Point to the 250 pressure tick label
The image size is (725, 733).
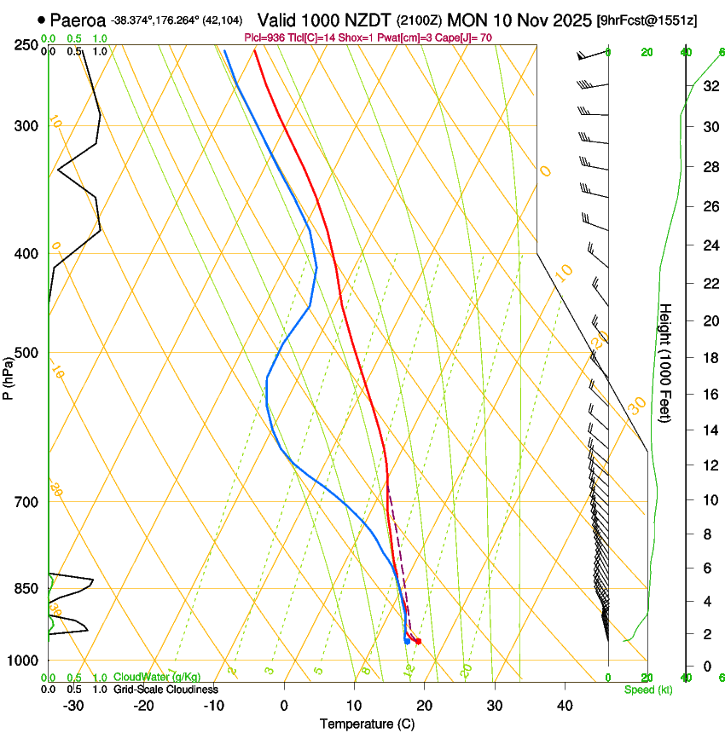(x=26, y=45)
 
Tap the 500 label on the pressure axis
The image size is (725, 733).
(x=26, y=353)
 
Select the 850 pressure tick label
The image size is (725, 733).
(x=26, y=588)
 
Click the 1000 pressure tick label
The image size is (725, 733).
(x=23, y=661)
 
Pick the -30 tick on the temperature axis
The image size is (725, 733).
(x=73, y=705)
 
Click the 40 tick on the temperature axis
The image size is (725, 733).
(x=565, y=705)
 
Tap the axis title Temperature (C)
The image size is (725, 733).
(x=367, y=724)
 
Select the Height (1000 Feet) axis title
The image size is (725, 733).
(x=666, y=364)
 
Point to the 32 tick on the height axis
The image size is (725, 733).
(x=709, y=86)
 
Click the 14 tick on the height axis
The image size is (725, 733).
(x=709, y=430)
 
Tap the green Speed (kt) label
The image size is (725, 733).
(x=647, y=690)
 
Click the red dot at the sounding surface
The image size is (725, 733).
(x=418, y=641)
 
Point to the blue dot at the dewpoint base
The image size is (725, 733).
(x=407, y=641)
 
